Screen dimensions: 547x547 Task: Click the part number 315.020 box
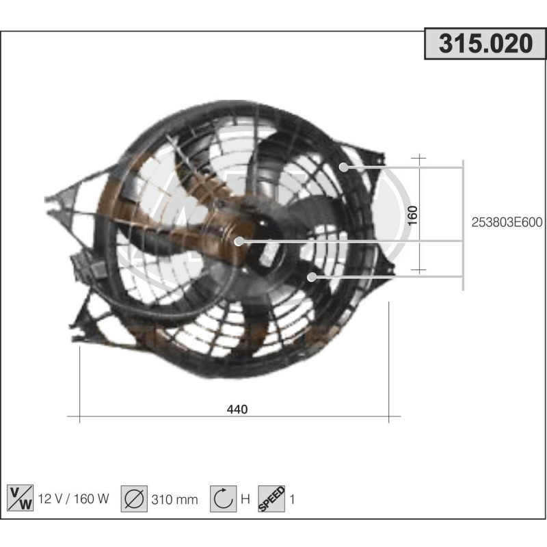click(485, 44)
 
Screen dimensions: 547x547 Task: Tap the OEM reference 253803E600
click(507, 222)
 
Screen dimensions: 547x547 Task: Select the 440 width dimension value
click(237, 409)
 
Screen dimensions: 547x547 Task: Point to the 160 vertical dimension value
click(412, 215)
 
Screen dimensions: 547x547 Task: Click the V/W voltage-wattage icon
click(18, 498)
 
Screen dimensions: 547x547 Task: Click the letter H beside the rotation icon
click(245, 499)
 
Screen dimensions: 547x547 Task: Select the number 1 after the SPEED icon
click(293, 499)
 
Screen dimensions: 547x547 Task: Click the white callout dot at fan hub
click(240, 241)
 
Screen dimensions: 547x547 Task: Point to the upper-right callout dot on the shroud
click(344, 166)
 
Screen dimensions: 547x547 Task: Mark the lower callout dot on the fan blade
click(312, 277)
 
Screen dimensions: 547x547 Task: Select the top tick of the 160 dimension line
click(419, 159)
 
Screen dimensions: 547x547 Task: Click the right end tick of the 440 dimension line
click(388, 416)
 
